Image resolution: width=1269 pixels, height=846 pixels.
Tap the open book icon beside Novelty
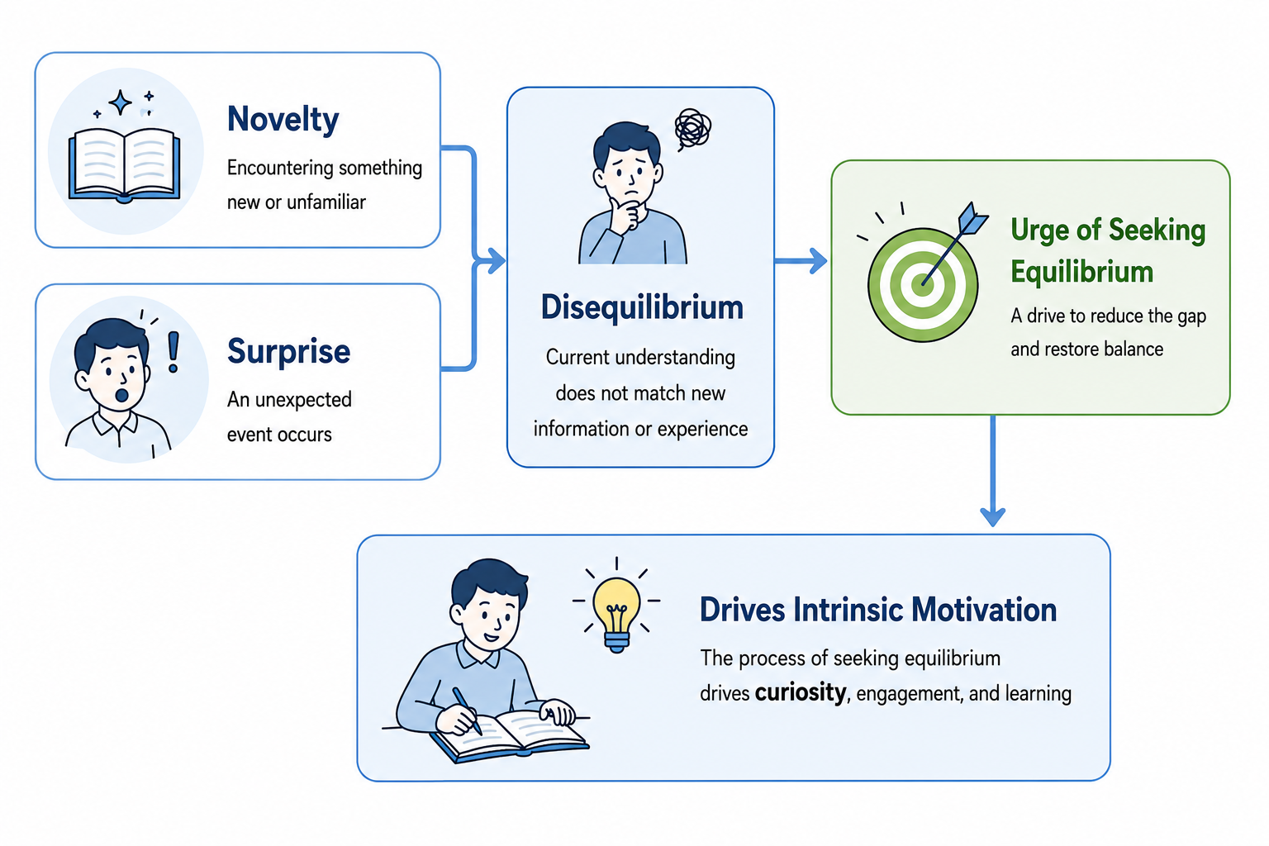click(125, 165)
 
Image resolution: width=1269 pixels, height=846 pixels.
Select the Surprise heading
click(289, 351)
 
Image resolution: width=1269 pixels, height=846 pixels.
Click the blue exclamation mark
click(173, 352)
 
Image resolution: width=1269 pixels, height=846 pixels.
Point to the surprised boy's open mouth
click(121, 395)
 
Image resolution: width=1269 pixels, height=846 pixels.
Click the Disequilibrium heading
click(642, 308)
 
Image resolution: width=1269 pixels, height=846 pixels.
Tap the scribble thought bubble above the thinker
click(692, 129)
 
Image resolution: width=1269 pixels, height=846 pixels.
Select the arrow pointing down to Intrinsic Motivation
click(992, 470)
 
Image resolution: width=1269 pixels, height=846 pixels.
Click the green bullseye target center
click(922, 283)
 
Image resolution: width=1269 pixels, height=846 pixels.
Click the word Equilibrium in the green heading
click(1082, 272)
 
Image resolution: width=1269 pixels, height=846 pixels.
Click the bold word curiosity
click(801, 692)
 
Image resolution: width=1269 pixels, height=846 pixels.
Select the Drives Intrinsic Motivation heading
click(878, 610)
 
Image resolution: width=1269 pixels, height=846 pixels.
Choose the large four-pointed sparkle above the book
click(120, 102)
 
